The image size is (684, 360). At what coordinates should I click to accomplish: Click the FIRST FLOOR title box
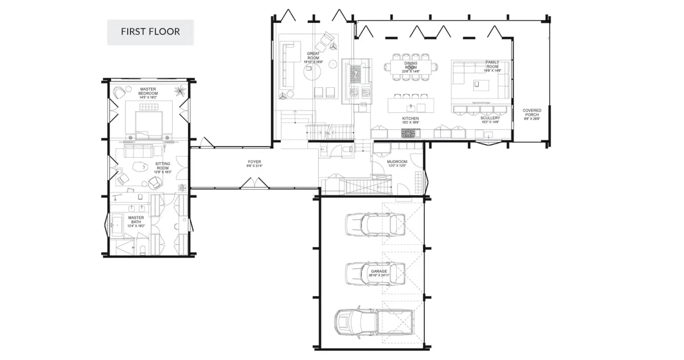coord(150,32)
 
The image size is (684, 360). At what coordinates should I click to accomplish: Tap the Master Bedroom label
coord(149,93)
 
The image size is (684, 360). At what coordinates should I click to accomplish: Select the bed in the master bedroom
coord(149,122)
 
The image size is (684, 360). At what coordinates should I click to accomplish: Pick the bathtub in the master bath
coord(118,226)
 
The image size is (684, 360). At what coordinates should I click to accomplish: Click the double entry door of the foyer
coord(254,183)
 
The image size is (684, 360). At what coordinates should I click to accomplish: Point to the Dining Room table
coord(411,66)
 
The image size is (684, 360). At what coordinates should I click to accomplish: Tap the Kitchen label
coord(410,120)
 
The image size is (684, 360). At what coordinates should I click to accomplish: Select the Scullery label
coord(490,120)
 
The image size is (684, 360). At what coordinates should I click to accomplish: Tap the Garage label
coord(379,273)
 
